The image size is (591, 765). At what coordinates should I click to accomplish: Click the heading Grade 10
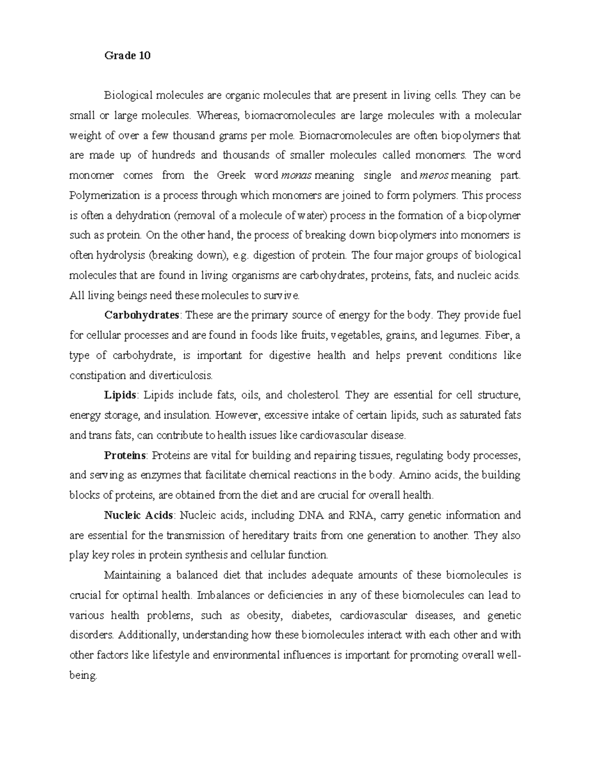[127, 56]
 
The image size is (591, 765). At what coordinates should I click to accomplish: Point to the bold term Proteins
[125, 455]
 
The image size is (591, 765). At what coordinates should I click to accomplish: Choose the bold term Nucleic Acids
[138, 516]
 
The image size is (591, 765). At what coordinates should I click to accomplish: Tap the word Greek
[231, 176]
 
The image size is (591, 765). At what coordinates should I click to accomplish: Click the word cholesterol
[313, 395]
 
